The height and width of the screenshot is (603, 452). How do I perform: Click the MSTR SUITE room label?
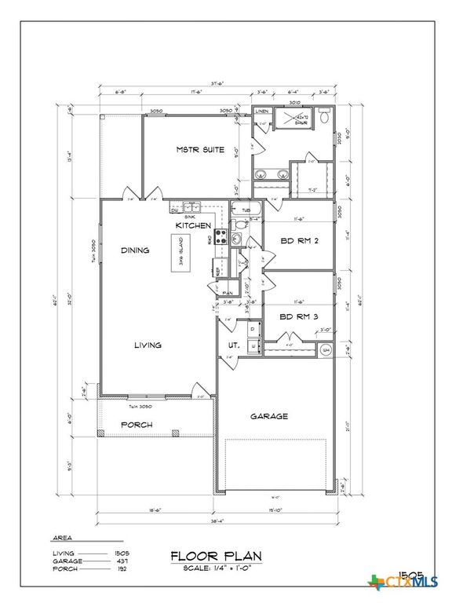tap(199, 149)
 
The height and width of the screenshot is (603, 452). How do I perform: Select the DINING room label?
tap(136, 250)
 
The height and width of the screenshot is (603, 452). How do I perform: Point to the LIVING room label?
tap(148, 345)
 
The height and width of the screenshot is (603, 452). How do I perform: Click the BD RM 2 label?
tap(298, 242)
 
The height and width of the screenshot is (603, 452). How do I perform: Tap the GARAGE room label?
tap(269, 416)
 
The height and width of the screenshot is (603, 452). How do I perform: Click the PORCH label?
tap(136, 425)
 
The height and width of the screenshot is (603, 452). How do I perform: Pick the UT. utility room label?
tap(233, 345)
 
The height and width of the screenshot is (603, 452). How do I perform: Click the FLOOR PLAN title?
tap(216, 556)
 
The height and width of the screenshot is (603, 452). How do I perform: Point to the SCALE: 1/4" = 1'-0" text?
tap(216, 568)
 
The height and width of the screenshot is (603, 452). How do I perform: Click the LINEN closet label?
tap(261, 112)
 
